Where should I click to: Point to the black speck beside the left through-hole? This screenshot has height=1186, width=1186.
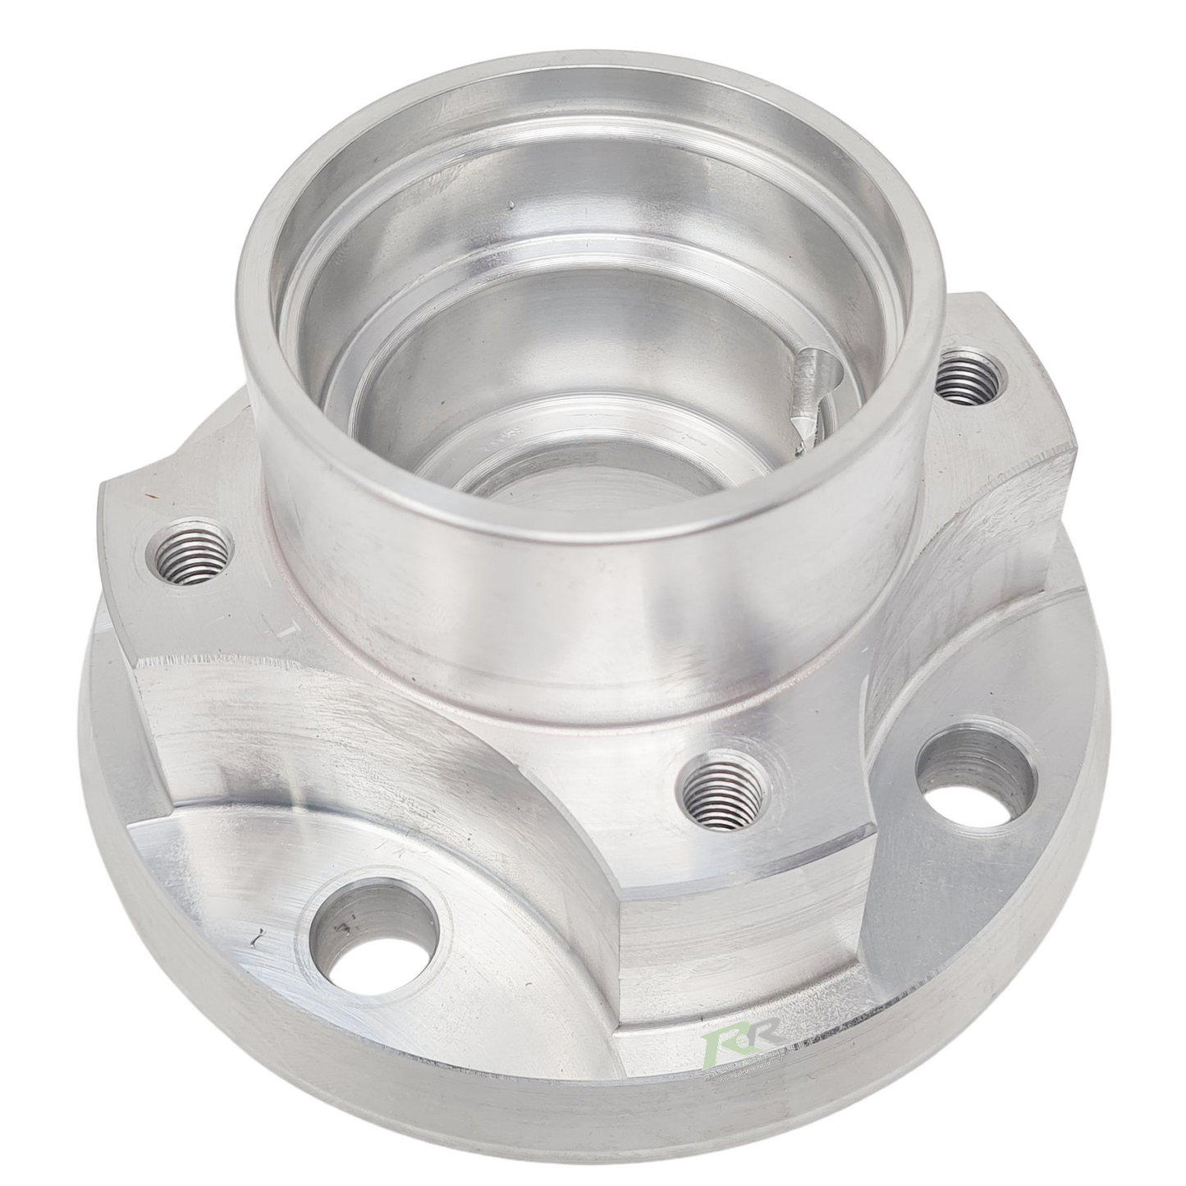pos(259,934)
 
